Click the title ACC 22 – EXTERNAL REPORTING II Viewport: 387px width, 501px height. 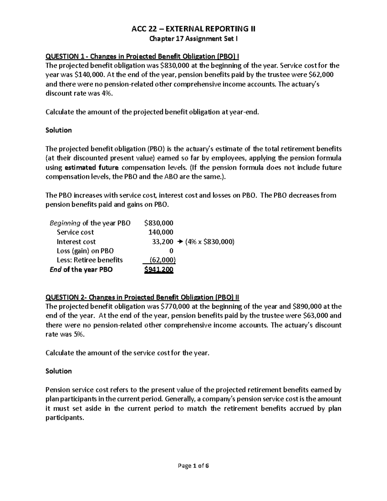[x=193, y=29]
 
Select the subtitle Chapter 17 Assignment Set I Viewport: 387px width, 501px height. [x=193, y=39]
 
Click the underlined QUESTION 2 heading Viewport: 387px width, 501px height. [x=142, y=297]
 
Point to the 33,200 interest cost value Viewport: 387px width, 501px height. [x=163, y=242]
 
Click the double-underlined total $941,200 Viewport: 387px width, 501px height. [x=159, y=270]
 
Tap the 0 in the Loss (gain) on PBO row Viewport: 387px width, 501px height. [x=171, y=251]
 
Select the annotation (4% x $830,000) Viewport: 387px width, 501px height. [x=209, y=242]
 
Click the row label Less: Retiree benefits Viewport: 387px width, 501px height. [x=90, y=260]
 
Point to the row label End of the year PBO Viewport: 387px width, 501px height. [x=81, y=270]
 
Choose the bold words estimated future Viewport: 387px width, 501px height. [x=92, y=167]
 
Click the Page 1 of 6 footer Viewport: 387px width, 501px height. [x=193, y=466]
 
